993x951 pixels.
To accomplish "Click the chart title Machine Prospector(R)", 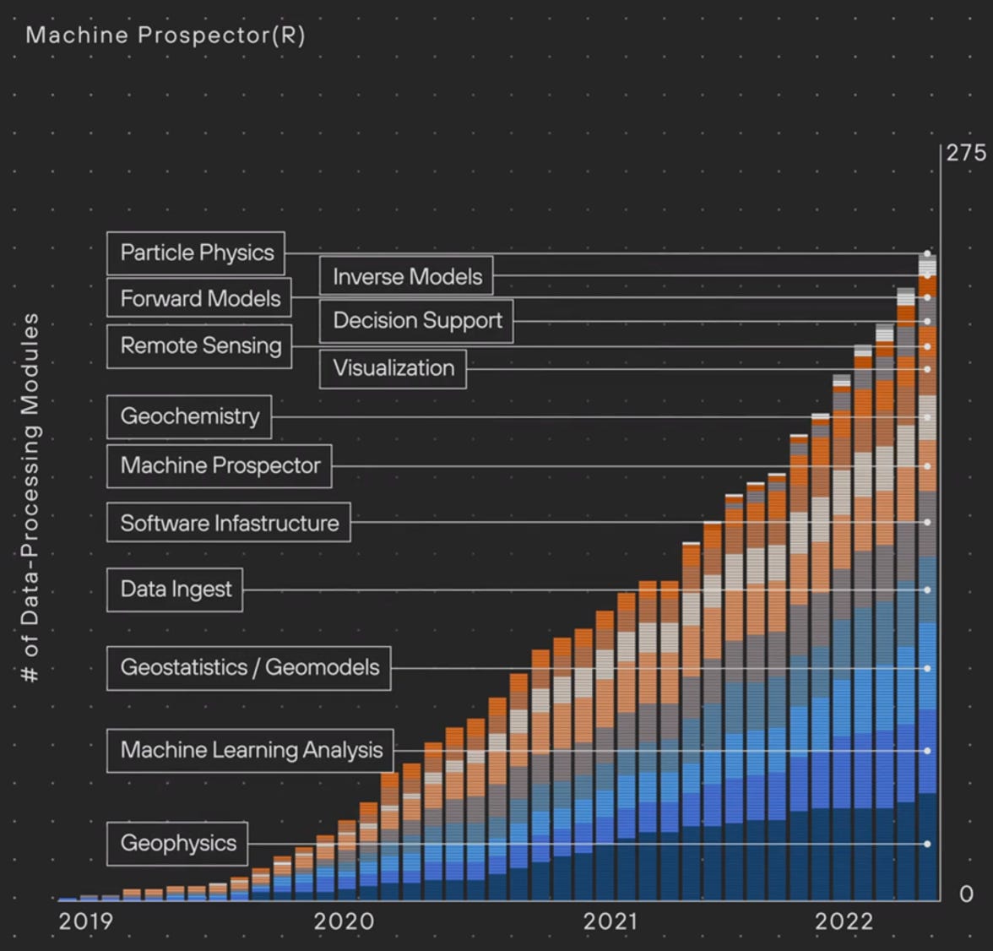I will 165,35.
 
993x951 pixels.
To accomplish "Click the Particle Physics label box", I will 196,253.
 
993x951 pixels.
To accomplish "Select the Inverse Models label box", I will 406,277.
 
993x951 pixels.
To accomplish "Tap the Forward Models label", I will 199,299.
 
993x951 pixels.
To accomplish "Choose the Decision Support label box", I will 416,321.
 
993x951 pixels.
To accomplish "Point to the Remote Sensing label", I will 199,345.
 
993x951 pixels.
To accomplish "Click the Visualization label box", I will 393,368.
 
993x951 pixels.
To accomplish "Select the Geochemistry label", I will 189,416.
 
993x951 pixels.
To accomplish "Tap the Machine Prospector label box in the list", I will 220,465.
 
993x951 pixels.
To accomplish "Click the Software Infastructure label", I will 229,523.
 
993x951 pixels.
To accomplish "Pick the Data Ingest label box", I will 175,589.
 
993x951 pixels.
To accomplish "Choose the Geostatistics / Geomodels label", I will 249,667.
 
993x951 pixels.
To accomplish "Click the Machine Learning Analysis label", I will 250,750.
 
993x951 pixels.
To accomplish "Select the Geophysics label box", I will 177,843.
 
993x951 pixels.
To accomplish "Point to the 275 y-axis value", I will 965,153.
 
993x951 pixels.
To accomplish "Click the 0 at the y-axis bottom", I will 966,894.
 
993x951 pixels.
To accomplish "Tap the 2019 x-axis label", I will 85,921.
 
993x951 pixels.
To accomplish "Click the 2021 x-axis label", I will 610,921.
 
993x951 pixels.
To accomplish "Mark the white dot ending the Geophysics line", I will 927,844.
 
